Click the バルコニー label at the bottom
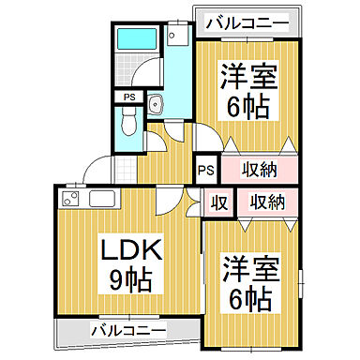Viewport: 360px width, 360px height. (128, 330)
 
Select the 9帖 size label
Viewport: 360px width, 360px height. (128, 278)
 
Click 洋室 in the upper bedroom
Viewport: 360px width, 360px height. (247, 75)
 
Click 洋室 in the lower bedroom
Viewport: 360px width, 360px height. (248, 272)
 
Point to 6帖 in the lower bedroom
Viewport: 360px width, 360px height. (248, 301)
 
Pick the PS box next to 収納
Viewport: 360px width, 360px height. (207, 170)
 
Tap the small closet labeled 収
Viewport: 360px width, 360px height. (217, 202)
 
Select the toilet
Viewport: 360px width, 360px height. (129, 121)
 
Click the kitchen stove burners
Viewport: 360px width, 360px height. (70, 200)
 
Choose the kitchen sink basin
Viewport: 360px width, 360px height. (101, 199)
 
